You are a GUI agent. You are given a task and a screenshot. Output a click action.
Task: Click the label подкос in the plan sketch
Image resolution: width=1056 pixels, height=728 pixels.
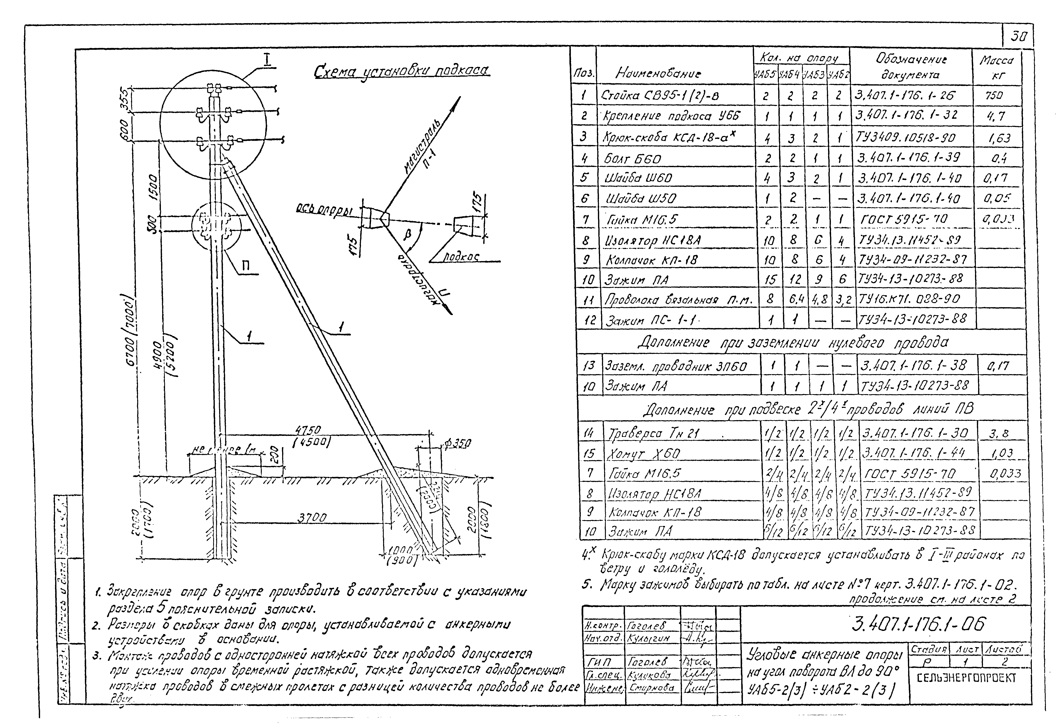pyautogui.click(x=461, y=257)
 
